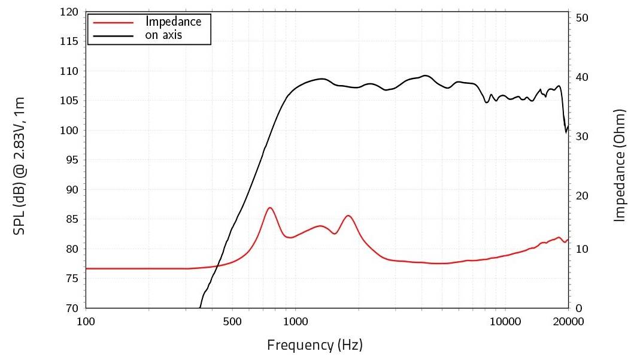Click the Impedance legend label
click(x=174, y=22)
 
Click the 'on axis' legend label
click(x=163, y=35)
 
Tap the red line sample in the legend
click(x=111, y=22)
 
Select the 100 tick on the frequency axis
click(x=86, y=321)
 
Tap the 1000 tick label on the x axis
click(x=295, y=321)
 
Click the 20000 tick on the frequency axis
click(x=568, y=321)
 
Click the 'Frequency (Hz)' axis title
click(x=315, y=345)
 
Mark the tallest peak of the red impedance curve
click(x=270, y=207)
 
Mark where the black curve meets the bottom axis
click(x=200, y=307)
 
